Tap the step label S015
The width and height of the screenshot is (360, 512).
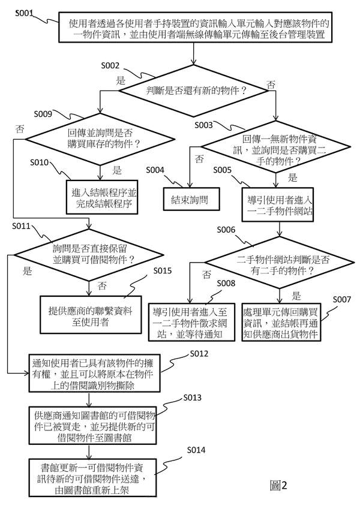pos(162,271)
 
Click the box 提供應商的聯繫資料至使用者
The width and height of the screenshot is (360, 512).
pos(90,313)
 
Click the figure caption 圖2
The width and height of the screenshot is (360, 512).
pos(279,486)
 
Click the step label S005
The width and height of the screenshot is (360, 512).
pos(223,170)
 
